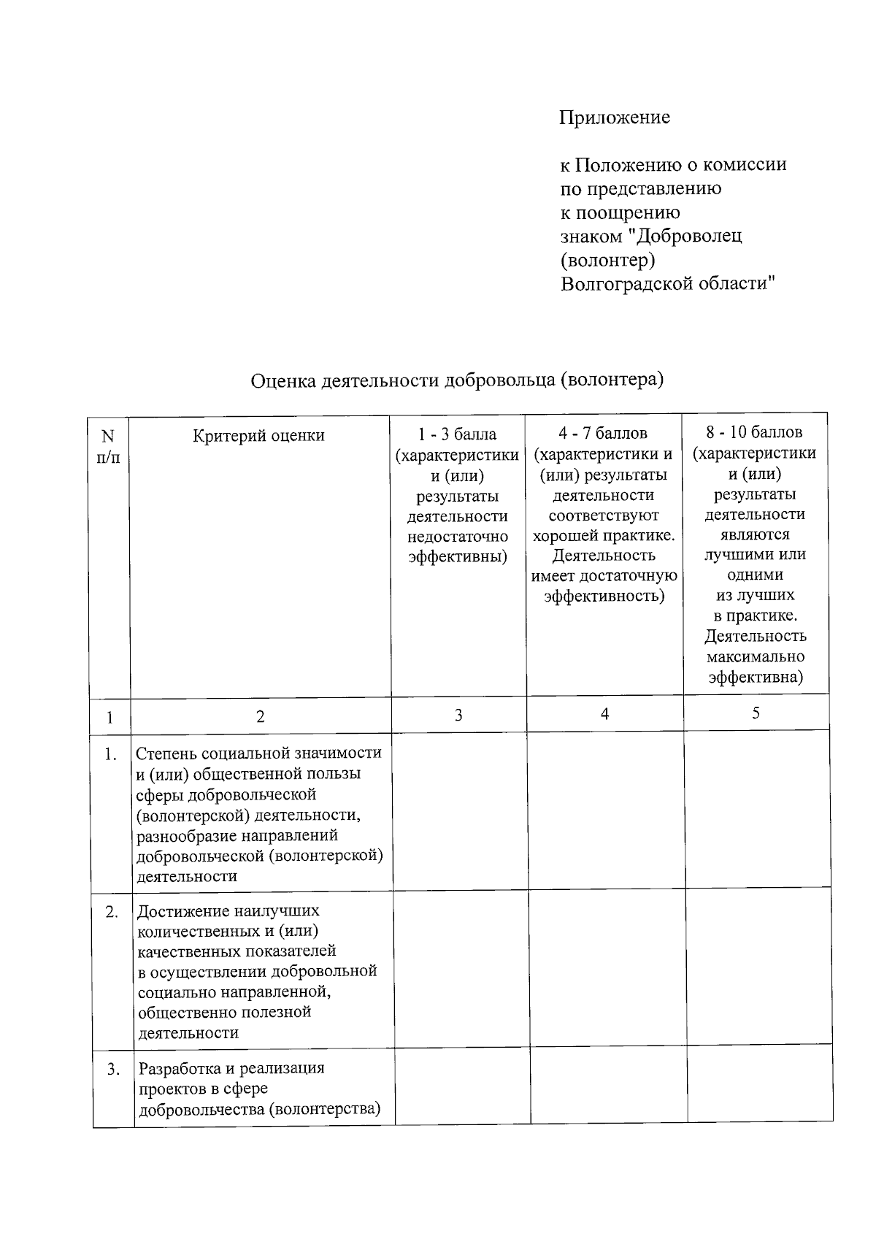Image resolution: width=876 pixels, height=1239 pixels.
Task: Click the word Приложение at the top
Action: coord(614,118)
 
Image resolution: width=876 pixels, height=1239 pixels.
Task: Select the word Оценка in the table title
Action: coord(283,380)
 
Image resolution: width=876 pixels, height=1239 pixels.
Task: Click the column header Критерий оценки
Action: coord(258,436)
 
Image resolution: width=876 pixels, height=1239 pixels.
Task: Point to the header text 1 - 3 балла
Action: coord(457,434)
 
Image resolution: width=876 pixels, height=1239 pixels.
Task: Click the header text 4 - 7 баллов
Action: coord(603,434)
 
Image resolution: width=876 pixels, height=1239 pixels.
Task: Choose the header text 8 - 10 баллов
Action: coord(754,432)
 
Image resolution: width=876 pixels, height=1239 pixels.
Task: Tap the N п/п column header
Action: coord(108,447)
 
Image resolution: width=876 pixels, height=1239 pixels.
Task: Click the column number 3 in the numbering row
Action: coord(458,716)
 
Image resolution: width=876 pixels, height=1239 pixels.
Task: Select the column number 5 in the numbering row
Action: coord(756,713)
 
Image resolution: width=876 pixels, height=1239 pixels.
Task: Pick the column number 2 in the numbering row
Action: coord(261,717)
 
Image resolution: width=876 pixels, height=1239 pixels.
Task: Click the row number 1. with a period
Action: coord(111,755)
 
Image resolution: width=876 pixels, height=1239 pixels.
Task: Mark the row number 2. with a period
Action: coord(112,912)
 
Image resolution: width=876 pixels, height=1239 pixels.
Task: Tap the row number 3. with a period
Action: coord(114,1070)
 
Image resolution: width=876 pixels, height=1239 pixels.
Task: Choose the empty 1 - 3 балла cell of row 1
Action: coord(460,810)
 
